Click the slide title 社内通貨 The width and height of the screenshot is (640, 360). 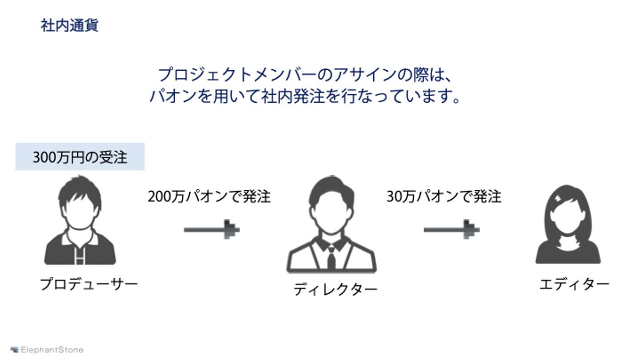point(69,25)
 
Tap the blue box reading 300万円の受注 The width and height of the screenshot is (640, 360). point(80,157)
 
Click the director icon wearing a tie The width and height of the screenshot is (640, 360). point(332,224)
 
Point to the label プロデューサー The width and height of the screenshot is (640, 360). point(89,284)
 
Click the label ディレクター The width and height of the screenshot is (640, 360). point(335,289)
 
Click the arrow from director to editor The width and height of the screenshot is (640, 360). point(451,230)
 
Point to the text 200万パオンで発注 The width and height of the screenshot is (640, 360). point(209,196)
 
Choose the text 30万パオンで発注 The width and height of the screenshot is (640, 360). point(444,196)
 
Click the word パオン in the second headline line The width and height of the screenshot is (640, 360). point(172,96)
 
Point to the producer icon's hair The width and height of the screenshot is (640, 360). point(80,187)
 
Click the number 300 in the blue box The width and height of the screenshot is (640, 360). point(43,157)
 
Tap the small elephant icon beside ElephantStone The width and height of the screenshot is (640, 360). point(15,350)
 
